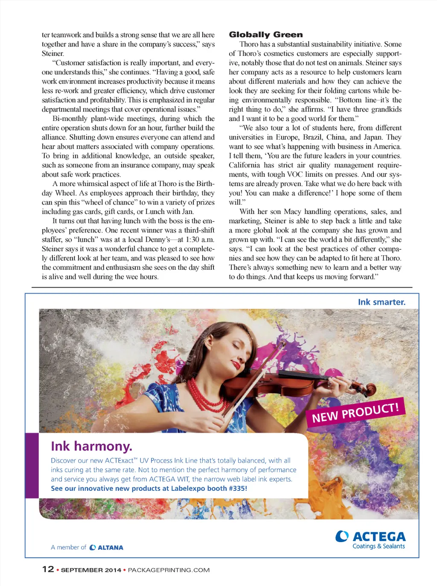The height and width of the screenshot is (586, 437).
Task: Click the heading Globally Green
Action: tap(266, 35)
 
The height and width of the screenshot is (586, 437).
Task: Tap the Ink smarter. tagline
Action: tap(382, 302)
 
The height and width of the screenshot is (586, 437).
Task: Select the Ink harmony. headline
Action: tap(91, 446)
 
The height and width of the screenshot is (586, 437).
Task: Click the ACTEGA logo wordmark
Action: tap(379, 536)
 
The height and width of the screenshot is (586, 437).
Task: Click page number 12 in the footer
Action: tap(48, 569)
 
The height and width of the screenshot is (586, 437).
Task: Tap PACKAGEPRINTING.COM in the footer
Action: tap(169, 570)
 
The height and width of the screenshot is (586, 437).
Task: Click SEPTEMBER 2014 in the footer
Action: tap(91, 570)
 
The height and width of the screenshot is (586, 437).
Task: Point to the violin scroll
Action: tap(370, 388)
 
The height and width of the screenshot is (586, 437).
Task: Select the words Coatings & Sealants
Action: tap(379, 546)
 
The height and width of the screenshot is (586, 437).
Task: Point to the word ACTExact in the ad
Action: tap(121, 461)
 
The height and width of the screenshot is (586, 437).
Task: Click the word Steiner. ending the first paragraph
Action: tap(53, 54)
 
